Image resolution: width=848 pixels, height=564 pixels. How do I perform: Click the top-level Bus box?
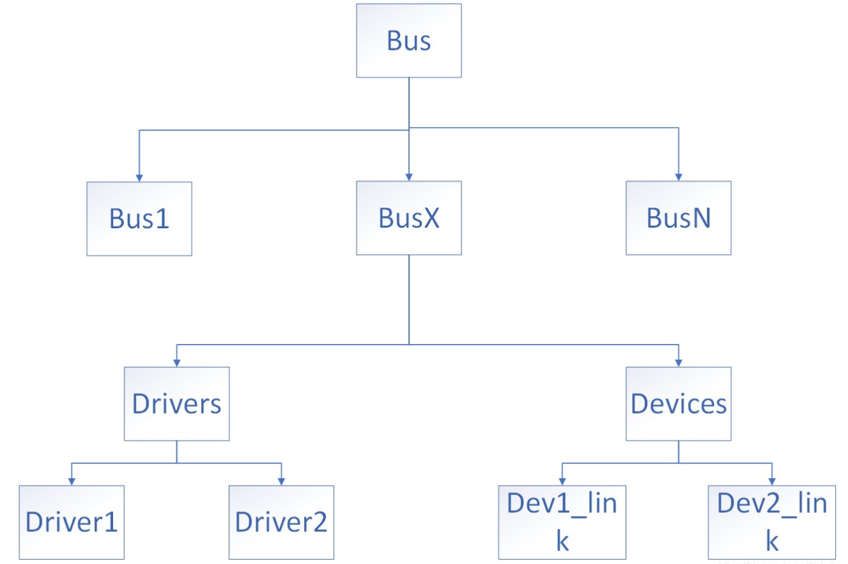click(x=409, y=41)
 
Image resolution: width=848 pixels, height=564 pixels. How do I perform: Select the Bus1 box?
click(x=139, y=219)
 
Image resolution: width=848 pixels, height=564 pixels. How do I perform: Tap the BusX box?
click(x=409, y=219)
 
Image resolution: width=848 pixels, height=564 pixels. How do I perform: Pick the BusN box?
click(x=679, y=219)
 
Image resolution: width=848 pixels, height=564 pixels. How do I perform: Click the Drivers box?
click(x=176, y=403)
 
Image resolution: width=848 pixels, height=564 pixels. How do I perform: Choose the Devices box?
click(x=679, y=403)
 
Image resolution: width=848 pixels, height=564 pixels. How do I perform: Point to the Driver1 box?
click(x=72, y=522)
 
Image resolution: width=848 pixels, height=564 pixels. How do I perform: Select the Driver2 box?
click(x=281, y=522)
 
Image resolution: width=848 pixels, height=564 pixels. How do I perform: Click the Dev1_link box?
click(x=562, y=522)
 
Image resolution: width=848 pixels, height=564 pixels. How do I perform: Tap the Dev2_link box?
click(x=772, y=522)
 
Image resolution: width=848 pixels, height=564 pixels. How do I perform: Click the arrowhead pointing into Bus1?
click(x=139, y=177)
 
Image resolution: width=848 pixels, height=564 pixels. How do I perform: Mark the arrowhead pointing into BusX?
click(x=409, y=177)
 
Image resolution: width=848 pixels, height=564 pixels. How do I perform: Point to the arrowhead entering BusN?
click(x=679, y=177)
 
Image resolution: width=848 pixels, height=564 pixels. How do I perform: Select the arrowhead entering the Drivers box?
click(x=176, y=362)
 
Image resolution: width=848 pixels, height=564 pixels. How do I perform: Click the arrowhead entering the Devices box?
click(x=679, y=362)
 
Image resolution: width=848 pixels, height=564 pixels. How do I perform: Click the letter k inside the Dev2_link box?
click(x=771, y=541)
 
